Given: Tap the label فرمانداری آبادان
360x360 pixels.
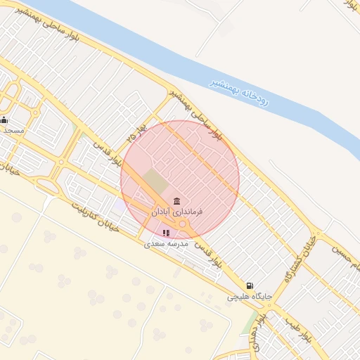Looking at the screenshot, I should pos(176,211).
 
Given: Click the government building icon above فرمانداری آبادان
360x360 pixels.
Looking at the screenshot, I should pos(176,200).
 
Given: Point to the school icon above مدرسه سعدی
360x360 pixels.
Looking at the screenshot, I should pos(166,233).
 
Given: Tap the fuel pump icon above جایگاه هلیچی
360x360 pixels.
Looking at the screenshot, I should pos(249,286).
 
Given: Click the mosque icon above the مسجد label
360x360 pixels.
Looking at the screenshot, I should pos(5,120).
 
